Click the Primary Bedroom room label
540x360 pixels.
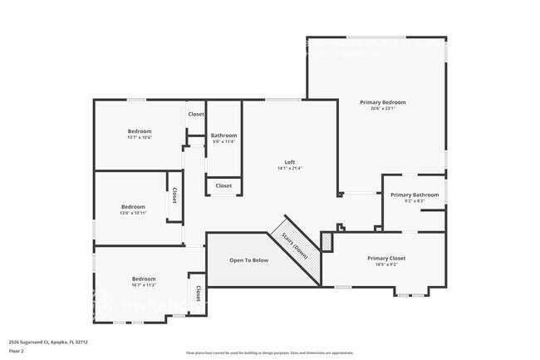pyautogui.click(x=382, y=102)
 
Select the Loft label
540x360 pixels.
pyautogui.click(x=290, y=162)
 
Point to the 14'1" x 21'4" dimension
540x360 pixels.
pyautogui.click(x=290, y=169)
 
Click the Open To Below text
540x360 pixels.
pyautogui.click(x=249, y=260)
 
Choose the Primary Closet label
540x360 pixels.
pyautogui.click(x=386, y=259)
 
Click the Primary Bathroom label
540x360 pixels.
pyautogui.click(x=415, y=195)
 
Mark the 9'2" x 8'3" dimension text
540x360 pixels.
pyautogui.click(x=415, y=201)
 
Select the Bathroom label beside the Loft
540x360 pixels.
pyautogui.click(x=223, y=136)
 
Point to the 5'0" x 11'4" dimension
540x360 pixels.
pyautogui.click(x=223, y=142)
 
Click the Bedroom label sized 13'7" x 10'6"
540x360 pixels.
pyautogui.click(x=140, y=131)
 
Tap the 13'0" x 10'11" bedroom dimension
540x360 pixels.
pyautogui.click(x=134, y=213)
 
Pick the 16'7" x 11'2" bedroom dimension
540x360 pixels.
pyautogui.click(x=144, y=285)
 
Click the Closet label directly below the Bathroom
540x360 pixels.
pyautogui.click(x=223, y=186)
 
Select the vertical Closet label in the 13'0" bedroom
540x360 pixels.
pyautogui.click(x=174, y=195)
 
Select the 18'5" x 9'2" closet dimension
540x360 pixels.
pyautogui.click(x=386, y=265)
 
